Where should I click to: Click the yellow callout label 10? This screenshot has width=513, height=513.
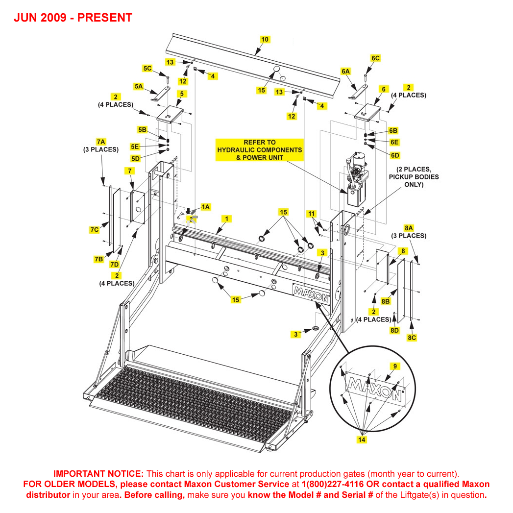pos(265,39)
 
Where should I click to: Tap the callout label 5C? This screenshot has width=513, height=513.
pos(147,68)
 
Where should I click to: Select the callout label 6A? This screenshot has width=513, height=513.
pos(346,71)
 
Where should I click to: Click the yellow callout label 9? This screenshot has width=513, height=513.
pos(395,366)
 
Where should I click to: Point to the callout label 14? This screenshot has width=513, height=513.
pos(362,440)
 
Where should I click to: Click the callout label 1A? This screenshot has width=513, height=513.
pos(206,207)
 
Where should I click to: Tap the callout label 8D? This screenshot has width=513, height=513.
pos(395,330)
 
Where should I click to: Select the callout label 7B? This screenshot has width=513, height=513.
pos(98,259)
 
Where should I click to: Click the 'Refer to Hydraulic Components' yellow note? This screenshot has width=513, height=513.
pos(260,149)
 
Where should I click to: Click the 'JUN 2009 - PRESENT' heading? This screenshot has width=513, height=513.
pos(73,18)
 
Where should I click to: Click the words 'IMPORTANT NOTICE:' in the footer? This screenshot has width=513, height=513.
pos(98,474)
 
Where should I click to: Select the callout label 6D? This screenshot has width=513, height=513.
pos(395,155)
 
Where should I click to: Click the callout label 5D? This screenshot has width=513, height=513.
pos(136,158)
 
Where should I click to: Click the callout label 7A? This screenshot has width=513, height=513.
pos(101,142)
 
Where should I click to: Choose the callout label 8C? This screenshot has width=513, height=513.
pos(412,338)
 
